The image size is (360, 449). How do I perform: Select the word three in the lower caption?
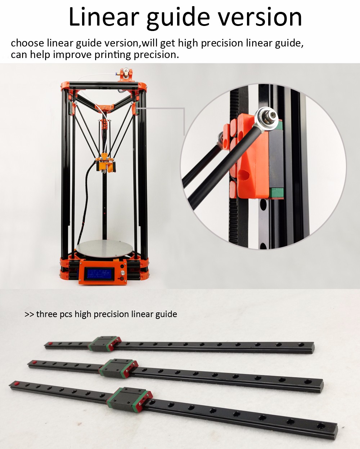click(47, 314)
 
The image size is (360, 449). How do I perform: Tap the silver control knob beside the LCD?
click(122, 272)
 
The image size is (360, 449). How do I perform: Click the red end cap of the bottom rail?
click(17, 383)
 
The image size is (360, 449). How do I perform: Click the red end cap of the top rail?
click(50, 343)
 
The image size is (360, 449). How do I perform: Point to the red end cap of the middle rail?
click(35, 362)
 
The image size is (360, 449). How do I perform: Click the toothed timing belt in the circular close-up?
click(234, 167)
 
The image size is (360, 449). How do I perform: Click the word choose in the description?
click(27, 43)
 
